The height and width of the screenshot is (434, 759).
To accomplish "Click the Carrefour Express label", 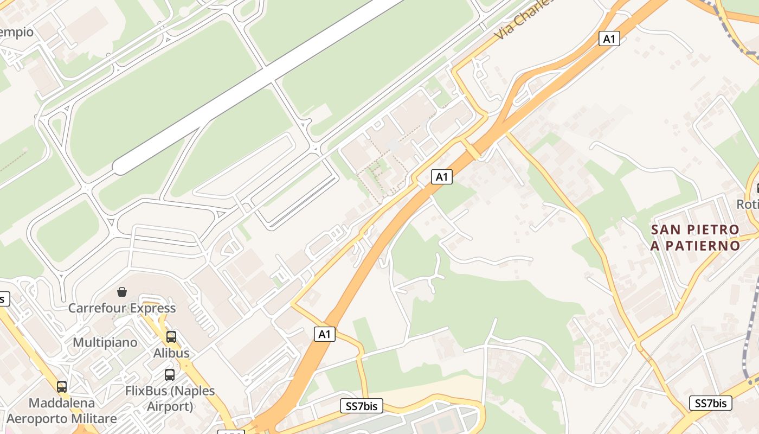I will (x=122, y=308).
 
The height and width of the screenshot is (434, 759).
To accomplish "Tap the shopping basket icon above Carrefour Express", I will (x=122, y=292).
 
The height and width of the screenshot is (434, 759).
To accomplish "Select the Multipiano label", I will (x=105, y=343).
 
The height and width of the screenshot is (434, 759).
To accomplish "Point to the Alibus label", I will (x=171, y=353).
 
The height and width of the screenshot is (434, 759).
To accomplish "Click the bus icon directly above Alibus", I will (x=171, y=337).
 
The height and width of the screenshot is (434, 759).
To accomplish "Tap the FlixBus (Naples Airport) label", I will (x=170, y=398).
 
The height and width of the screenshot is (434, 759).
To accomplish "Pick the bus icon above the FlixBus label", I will (x=170, y=375).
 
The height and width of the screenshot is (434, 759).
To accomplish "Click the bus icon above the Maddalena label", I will (x=62, y=387).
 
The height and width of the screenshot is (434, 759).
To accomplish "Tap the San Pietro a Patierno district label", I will (x=696, y=238).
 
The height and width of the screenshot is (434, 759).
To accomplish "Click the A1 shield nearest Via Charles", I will (x=609, y=39).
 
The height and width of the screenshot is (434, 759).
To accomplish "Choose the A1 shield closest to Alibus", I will (x=325, y=334).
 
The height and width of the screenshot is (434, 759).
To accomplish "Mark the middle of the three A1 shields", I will (x=442, y=176).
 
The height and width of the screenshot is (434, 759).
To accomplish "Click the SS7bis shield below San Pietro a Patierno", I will (x=710, y=403).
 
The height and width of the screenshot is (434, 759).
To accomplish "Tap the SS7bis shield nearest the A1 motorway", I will (x=361, y=406).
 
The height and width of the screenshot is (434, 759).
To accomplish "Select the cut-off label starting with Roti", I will (x=748, y=204).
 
